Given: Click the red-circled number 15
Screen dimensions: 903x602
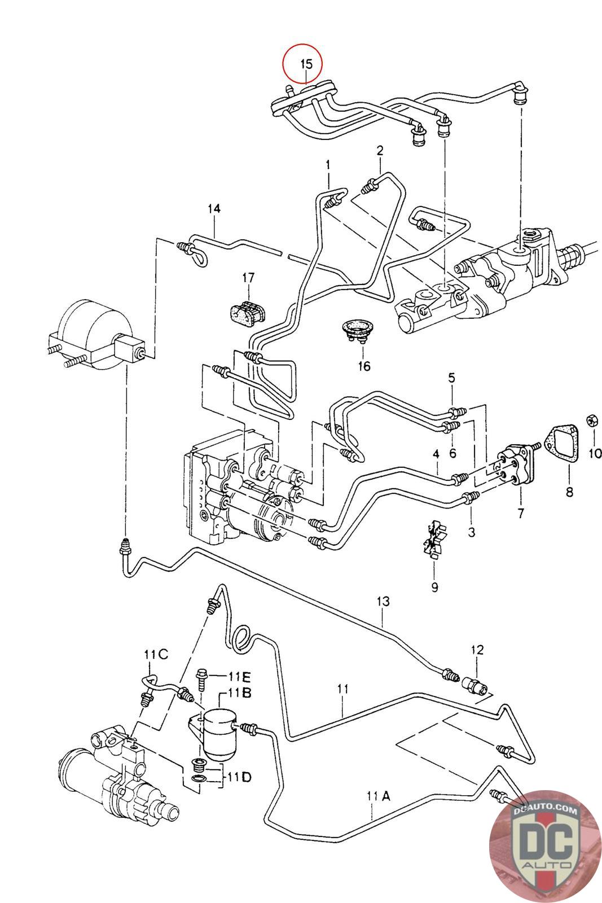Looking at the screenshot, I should click(x=305, y=64).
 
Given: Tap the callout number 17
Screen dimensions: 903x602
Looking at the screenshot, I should click(x=248, y=277).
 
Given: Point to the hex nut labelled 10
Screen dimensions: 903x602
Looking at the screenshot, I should click(x=593, y=419).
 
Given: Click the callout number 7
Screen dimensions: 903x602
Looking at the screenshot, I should click(x=520, y=513).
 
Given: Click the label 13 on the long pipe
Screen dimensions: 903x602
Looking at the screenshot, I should click(x=383, y=602).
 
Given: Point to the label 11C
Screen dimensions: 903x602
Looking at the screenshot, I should click(x=156, y=655).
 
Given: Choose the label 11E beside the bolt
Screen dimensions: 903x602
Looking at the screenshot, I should click(x=240, y=676).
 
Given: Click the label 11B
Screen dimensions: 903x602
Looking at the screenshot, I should click(x=240, y=692).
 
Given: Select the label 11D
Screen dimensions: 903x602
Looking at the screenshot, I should click(x=239, y=777).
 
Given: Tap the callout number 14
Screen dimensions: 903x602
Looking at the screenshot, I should click(x=213, y=209).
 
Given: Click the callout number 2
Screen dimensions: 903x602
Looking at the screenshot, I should click(x=380, y=151).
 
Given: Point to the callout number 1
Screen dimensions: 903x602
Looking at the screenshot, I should click(x=327, y=164).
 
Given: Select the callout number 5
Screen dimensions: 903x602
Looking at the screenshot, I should click(x=451, y=378).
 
